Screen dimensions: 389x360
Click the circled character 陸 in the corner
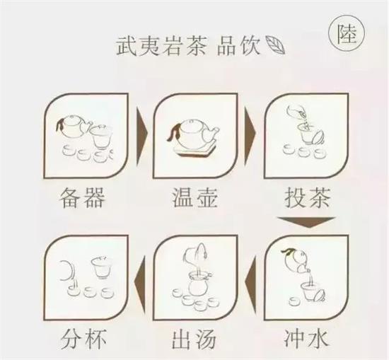[x=347, y=34]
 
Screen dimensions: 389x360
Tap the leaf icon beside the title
[x=274, y=45]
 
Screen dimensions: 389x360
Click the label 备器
[x=82, y=198]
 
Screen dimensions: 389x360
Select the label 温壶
[x=194, y=198]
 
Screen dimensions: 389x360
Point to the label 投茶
[x=308, y=198]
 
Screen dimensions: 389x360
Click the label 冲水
[x=306, y=338]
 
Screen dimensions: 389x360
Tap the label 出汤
[x=194, y=338]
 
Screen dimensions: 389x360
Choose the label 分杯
[x=83, y=338]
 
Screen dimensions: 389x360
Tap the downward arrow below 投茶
[x=307, y=222]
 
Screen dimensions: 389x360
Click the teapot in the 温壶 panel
[x=193, y=134]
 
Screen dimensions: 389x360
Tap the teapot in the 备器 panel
[x=74, y=127]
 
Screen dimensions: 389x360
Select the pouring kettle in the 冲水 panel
[x=295, y=260]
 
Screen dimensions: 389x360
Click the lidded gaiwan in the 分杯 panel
[x=100, y=267]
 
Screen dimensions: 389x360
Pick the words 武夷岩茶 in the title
[x=161, y=46]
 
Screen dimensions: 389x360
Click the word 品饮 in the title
[x=238, y=46]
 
